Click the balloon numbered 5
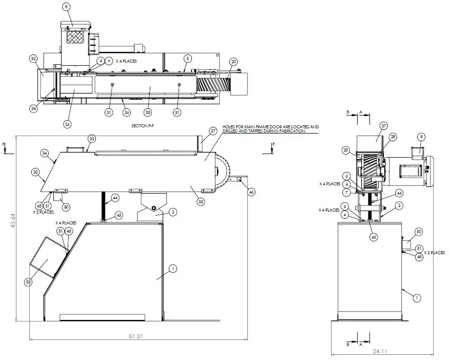(x=188, y=59)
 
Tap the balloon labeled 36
(x=126, y=112)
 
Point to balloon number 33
(x=92, y=139)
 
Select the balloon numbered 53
(x=28, y=281)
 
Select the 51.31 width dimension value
(x=135, y=335)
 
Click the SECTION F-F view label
(x=143, y=125)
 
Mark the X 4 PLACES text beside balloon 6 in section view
(x=126, y=61)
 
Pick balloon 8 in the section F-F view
(x=66, y=7)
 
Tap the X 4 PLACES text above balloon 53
(x=66, y=223)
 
